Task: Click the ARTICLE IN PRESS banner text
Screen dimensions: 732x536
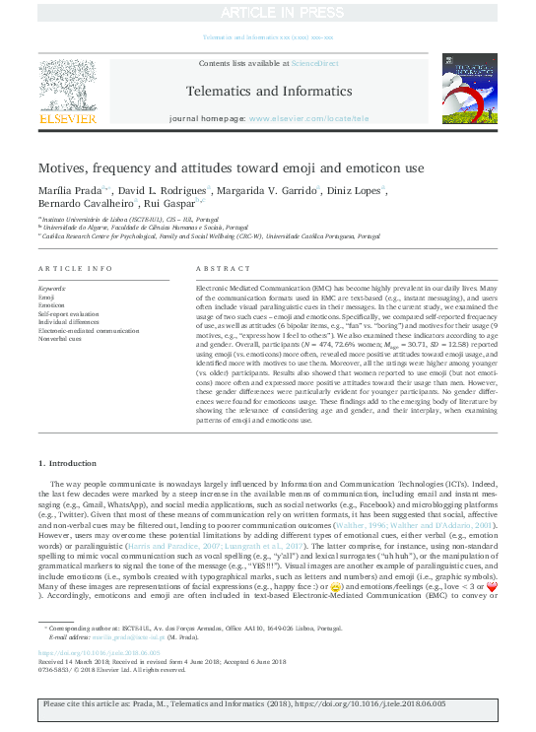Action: pos(267,12)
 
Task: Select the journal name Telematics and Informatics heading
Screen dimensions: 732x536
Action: pos(267,91)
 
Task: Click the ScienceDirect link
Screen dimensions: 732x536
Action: pos(314,62)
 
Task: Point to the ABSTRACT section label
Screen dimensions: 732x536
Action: pos(218,268)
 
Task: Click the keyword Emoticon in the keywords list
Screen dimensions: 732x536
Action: pos(53,305)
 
